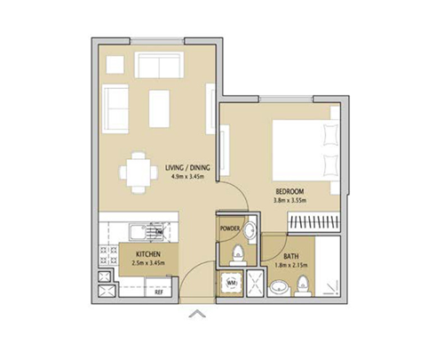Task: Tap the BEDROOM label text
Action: click(x=289, y=191)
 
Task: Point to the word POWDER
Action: click(x=231, y=228)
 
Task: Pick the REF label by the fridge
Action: click(x=159, y=292)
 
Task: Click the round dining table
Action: click(x=137, y=172)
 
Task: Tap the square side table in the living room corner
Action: click(x=115, y=65)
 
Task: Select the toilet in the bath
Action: click(x=304, y=284)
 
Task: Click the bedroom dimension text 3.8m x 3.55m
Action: click(x=289, y=201)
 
